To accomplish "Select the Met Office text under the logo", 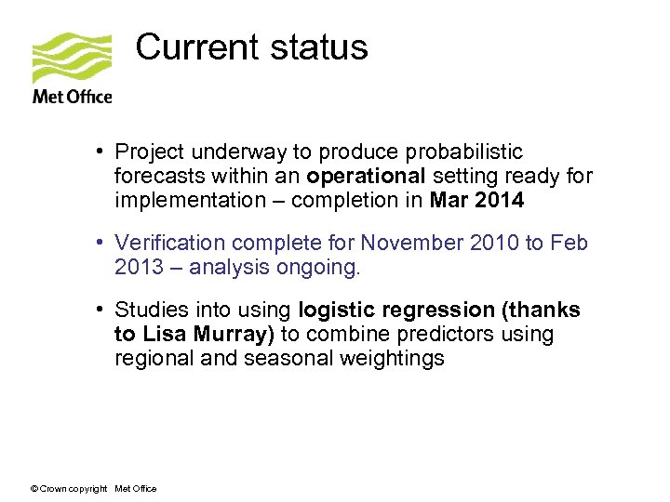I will [x=72, y=96].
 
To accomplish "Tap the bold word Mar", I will [x=449, y=200].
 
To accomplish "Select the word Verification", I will [x=170, y=243].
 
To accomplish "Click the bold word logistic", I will [x=336, y=310].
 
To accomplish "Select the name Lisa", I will [x=162, y=335].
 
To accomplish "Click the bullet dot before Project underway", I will [x=98, y=152].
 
